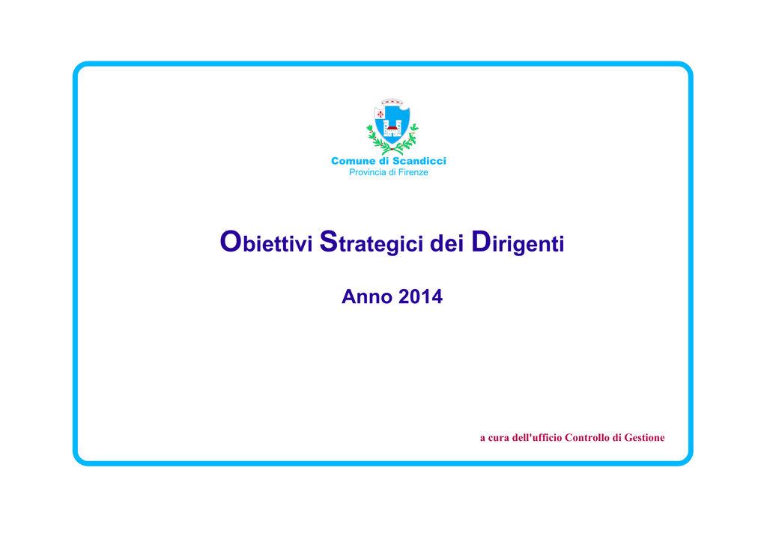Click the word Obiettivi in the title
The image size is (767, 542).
pos(266,242)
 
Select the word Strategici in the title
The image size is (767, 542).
pos(372,243)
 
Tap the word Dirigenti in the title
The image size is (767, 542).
pos(518,243)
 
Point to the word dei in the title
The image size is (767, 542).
pos(446,243)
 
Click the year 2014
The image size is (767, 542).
pos(420,296)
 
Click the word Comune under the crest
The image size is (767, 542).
pos(353,161)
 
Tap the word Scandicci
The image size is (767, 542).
pos(419,161)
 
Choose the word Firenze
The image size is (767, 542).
pos(413,172)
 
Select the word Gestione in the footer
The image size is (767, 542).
pos(644,437)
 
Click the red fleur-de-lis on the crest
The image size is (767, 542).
pos(380,115)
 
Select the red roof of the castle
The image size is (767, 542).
pos(392,129)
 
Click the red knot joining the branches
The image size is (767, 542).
pos(392,148)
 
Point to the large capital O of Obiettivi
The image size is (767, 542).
pos(231,242)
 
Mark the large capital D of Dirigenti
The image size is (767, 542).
pos(482,242)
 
